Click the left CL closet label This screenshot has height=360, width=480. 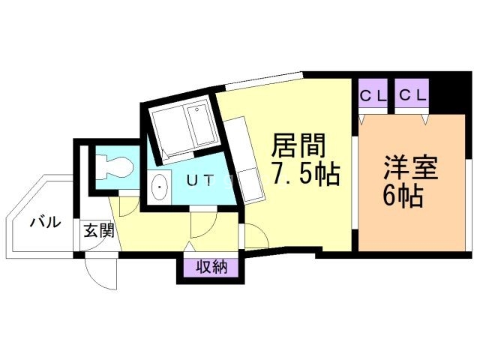tap(373, 95)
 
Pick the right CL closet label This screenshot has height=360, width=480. tap(412, 95)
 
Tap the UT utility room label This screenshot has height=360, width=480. tap(199, 180)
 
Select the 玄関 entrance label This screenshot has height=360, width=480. tap(99, 231)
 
